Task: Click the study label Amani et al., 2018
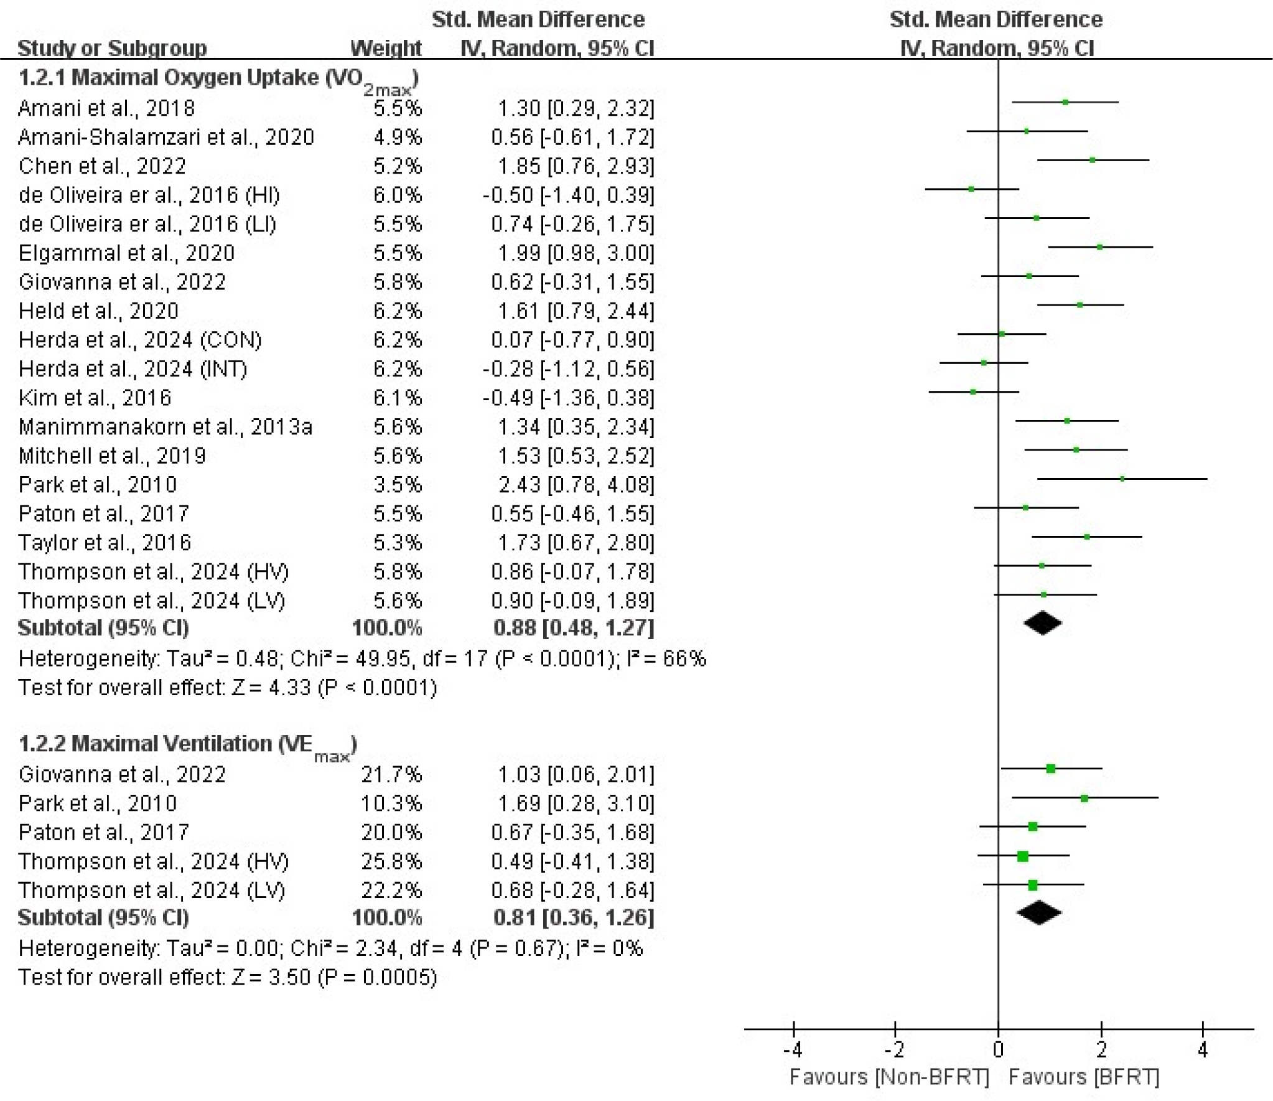(106, 108)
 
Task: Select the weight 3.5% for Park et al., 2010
(398, 485)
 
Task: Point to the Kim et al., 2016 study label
(95, 398)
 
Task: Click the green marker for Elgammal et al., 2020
(1100, 247)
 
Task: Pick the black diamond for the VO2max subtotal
(1043, 624)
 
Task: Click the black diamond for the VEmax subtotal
(1039, 913)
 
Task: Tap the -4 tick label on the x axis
(793, 1050)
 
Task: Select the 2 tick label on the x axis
(1101, 1050)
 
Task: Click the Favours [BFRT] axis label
(1084, 1077)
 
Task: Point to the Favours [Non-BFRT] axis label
(889, 1077)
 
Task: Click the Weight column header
(386, 48)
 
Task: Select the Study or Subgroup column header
(112, 48)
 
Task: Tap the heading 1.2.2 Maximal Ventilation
(187, 744)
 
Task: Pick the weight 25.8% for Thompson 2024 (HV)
(391, 861)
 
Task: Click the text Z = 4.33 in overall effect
(271, 688)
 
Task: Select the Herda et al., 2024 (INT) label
(133, 369)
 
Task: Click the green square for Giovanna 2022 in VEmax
(1051, 769)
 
